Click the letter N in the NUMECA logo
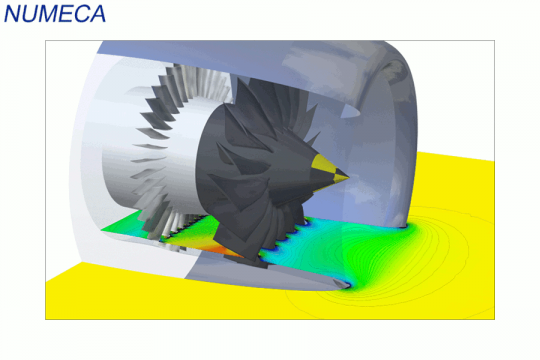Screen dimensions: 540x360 pyautogui.click(x=13, y=14)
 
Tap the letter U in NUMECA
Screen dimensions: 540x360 pyautogui.click(x=31, y=14)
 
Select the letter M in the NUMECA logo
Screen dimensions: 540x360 pyautogui.click(x=49, y=14)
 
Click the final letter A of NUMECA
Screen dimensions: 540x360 pyautogui.click(x=97, y=14)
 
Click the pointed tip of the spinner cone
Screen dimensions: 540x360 pyautogui.click(x=349, y=177)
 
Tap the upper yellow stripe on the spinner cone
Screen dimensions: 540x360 pyautogui.click(x=323, y=163)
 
